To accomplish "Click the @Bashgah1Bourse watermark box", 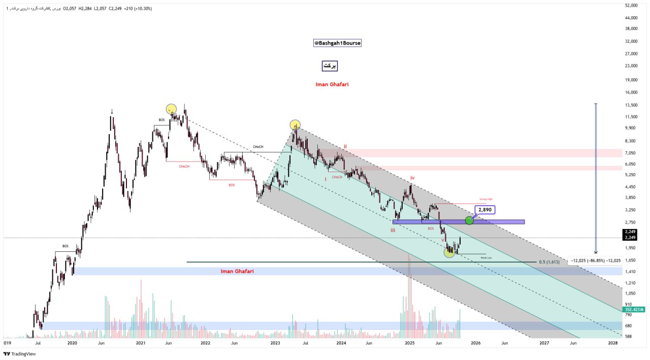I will pos(337,43).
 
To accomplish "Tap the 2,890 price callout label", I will pos(484,209).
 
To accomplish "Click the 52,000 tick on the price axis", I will pos(631,6).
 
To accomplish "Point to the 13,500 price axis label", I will pos(631,105).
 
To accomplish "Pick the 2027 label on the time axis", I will pos(544,343).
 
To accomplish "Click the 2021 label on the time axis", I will pos(141,343).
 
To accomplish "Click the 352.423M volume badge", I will pos(634,309).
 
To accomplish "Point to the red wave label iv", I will pos(412,178).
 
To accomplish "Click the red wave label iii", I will pos(393,231).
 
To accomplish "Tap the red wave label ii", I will pos(345,146).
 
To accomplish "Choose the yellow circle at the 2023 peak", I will pos(295,124).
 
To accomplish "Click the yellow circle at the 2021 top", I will pos(171,109).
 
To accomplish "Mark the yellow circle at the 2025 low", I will pos(449,252).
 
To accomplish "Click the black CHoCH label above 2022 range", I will pos(258,147).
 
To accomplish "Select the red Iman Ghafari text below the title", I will pos(331,84).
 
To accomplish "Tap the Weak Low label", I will pos(486,258).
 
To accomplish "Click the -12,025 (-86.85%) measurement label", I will pos(596,260).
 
